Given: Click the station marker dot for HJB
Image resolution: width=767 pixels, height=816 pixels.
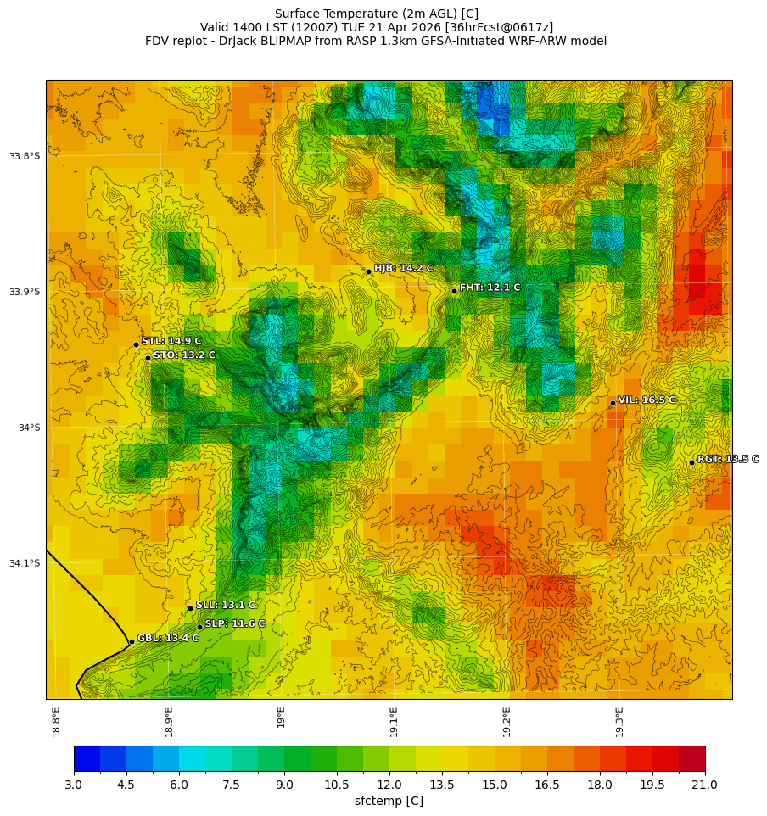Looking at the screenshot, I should pyautogui.click(x=368, y=271).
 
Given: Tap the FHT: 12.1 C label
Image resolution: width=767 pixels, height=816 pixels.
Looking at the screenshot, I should pyautogui.click(x=490, y=288).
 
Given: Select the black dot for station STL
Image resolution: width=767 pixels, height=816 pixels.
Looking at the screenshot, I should pyautogui.click(x=136, y=344).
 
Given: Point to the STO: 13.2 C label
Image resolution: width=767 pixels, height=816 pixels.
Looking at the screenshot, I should pyautogui.click(x=184, y=355).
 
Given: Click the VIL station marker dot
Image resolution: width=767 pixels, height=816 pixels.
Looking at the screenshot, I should pyautogui.click(x=613, y=403).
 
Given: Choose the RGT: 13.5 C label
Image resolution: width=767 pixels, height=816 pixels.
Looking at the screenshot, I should pyautogui.click(x=727, y=459).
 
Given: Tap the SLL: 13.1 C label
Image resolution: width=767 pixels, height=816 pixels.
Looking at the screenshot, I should pyautogui.click(x=225, y=605).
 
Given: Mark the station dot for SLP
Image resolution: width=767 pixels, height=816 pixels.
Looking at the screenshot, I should pyautogui.click(x=199, y=627).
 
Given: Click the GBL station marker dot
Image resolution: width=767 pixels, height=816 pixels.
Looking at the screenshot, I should pyautogui.click(x=132, y=641).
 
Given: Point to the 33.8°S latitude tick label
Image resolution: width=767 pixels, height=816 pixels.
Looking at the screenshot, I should pyautogui.click(x=25, y=156).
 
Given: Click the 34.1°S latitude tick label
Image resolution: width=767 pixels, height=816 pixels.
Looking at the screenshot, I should pyautogui.click(x=25, y=563).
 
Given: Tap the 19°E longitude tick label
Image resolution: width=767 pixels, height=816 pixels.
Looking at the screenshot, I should pyautogui.click(x=281, y=717).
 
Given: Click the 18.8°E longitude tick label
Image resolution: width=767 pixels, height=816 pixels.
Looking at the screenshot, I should pyautogui.click(x=56, y=721).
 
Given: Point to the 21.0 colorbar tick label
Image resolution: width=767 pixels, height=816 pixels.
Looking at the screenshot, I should pyautogui.click(x=704, y=785).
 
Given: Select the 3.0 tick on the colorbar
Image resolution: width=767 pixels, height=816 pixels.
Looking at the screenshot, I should pyautogui.click(x=74, y=785).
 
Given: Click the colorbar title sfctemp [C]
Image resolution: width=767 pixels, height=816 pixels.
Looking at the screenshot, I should pyautogui.click(x=389, y=802).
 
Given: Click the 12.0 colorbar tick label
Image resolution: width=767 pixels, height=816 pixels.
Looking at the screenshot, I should pyautogui.click(x=389, y=785).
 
